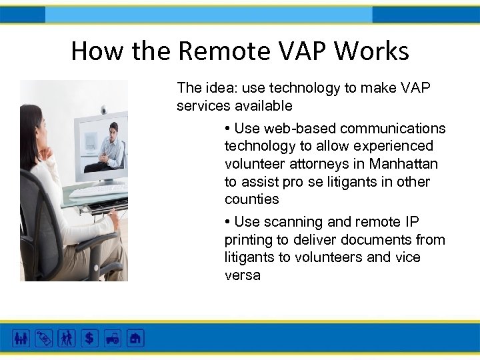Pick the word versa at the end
coord(242,275)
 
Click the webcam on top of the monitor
coord(103,109)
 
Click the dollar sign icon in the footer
coord(89,338)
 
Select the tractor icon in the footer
coord(112,338)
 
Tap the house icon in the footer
coord(135,338)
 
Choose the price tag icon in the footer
coord(43,338)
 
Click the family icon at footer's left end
coord(21,338)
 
